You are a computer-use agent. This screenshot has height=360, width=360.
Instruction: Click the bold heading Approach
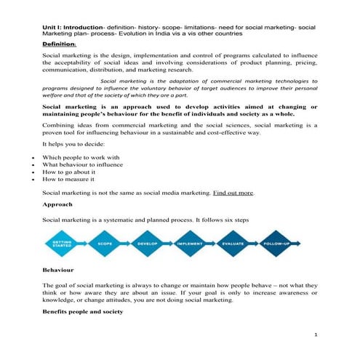(x=60, y=204)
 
